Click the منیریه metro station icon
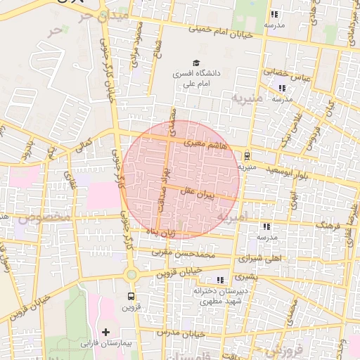(x=247, y=156)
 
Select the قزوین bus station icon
(x=131, y=296)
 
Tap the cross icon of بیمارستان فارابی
(x=106, y=331)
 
